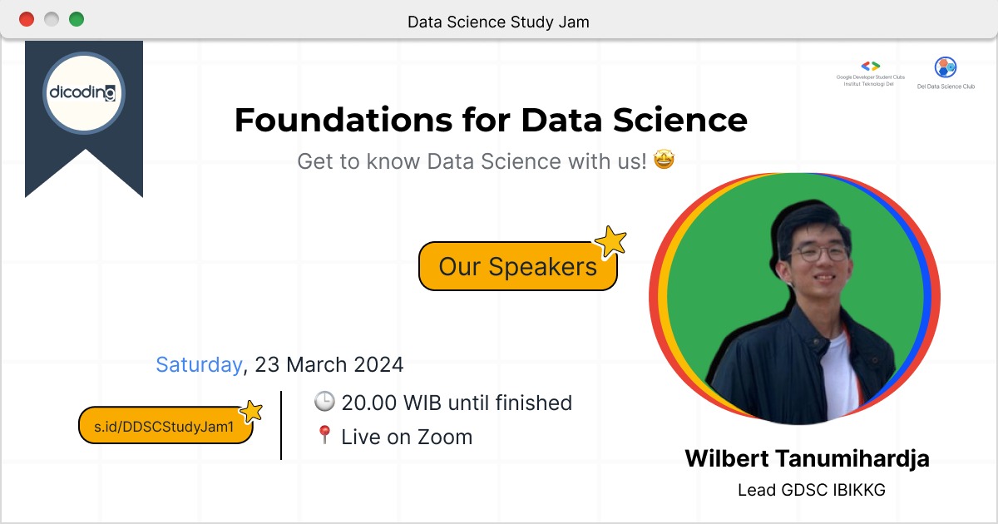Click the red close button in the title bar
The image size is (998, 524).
pyautogui.click(x=27, y=19)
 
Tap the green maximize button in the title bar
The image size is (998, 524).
pyautogui.click(x=77, y=19)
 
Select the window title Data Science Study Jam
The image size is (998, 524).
pyautogui.click(x=498, y=22)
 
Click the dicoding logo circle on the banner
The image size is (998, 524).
pyautogui.click(x=83, y=92)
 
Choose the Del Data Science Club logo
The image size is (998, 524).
pyautogui.click(x=946, y=67)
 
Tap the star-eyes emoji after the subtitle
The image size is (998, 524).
pyautogui.click(x=663, y=160)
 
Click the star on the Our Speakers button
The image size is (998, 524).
pyautogui.click(x=612, y=242)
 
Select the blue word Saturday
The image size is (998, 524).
pyautogui.click(x=199, y=364)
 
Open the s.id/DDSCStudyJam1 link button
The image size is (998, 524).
pyautogui.click(x=166, y=426)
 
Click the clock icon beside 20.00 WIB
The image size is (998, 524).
pyautogui.click(x=324, y=403)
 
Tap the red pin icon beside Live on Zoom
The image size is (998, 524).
pyautogui.click(x=324, y=436)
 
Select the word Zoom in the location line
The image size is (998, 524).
pyautogui.click(x=445, y=437)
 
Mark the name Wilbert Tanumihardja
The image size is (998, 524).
pyautogui.click(x=807, y=458)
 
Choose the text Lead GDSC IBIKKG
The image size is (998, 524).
pyautogui.click(x=811, y=490)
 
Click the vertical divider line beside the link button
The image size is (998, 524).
pyautogui.click(x=281, y=424)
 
